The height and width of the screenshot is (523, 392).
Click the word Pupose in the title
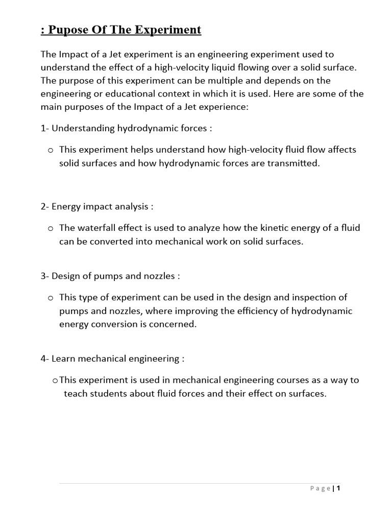(x=65, y=30)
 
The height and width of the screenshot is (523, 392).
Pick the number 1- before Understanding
(x=45, y=128)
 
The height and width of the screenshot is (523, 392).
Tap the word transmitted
(x=296, y=163)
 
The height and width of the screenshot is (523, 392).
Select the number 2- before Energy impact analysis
(x=45, y=206)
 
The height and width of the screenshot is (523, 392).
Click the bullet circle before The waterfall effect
(x=51, y=228)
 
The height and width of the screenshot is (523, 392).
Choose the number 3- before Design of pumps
(x=45, y=276)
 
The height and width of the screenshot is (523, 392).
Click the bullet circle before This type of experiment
(x=51, y=298)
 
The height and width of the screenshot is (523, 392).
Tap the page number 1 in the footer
(x=338, y=488)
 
